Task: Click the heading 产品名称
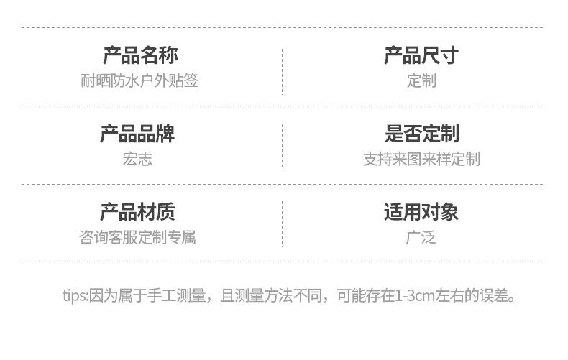coord(140,55)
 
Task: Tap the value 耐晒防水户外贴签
coord(139,80)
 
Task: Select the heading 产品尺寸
coord(421,55)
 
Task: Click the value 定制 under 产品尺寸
coord(421,80)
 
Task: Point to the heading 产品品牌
coord(137,134)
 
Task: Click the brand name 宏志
coord(137,159)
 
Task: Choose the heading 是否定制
coord(421,134)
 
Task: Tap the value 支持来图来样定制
coord(421,159)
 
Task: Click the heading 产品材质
coord(137,212)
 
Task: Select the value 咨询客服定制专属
coord(137,237)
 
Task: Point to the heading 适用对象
coord(421,212)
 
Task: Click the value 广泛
coord(421,237)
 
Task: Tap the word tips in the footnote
coord(73,295)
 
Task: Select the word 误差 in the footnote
coord(493,295)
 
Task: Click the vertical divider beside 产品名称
coord(282,68)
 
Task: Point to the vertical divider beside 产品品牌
coord(282,147)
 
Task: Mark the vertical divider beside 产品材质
coord(282,224)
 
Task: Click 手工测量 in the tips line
coord(182,295)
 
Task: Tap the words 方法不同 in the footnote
coord(295,295)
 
